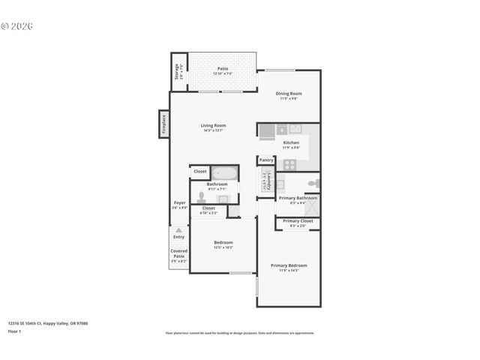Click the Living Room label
click(213, 125)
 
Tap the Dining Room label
click(289, 94)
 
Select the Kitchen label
click(291, 142)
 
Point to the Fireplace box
click(163, 124)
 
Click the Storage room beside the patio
click(178, 71)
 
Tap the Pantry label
click(266, 160)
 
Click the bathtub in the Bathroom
click(224, 172)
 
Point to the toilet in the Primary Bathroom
click(314, 183)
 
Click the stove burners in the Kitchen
click(289, 164)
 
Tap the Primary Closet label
click(298, 221)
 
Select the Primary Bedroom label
click(289, 265)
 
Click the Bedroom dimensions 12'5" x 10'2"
click(223, 247)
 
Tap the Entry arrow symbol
click(178, 228)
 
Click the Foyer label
click(179, 202)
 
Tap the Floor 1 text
click(14, 331)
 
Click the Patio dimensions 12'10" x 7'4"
click(223, 73)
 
